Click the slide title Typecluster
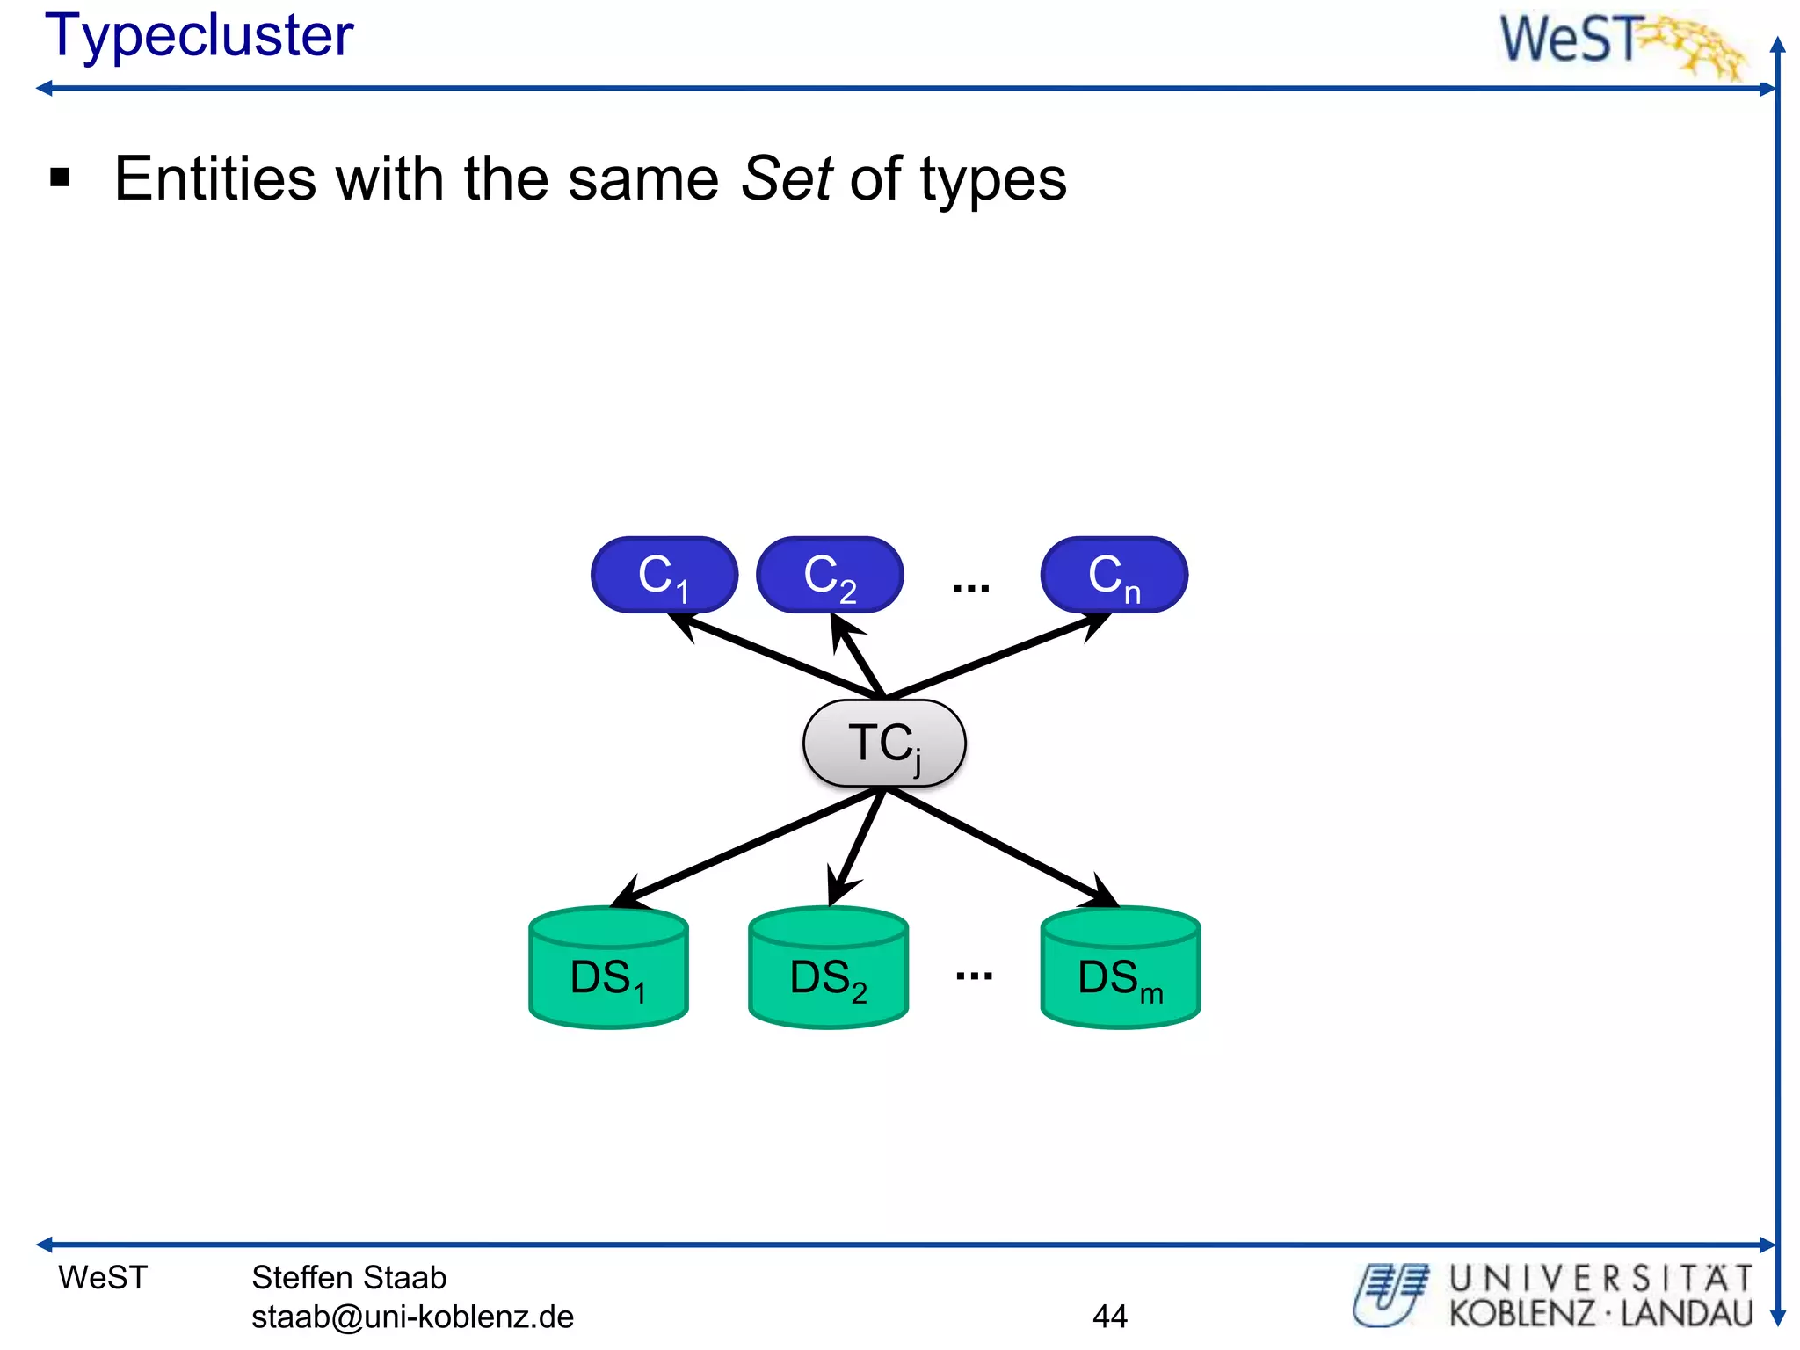point(199,37)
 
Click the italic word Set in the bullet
point(786,179)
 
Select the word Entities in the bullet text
point(215,179)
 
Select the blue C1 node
point(664,576)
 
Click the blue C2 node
point(830,576)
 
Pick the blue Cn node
point(1114,576)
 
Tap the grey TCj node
point(884,744)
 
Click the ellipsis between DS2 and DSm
point(974,976)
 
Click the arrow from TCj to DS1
point(747,846)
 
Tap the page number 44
point(1109,1316)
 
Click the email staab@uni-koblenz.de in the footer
point(412,1317)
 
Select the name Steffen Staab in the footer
point(349,1277)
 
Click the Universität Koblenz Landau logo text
point(1600,1296)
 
